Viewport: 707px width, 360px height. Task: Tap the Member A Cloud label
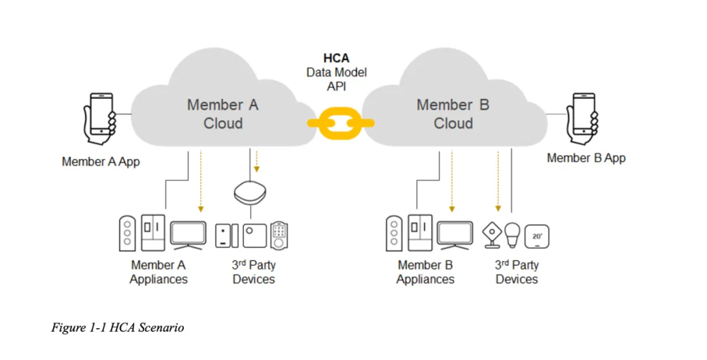[223, 114]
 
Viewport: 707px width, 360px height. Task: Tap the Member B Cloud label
[452, 114]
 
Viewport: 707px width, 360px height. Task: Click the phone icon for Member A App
[100, 115]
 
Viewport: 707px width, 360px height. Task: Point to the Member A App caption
[100, 161]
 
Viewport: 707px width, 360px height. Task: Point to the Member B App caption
[586, 158]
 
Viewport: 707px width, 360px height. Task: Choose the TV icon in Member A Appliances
[188, 234]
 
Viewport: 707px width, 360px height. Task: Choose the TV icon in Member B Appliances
[454, 234]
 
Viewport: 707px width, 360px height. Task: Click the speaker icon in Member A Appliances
[127, 233]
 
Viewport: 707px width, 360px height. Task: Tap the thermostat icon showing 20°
[537, 236]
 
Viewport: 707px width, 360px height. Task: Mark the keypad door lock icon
[280, 235]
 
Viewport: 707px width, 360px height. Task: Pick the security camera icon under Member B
[490, 235]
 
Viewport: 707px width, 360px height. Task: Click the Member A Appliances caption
[158, 272]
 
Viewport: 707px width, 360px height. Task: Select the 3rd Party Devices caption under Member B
[517, 272]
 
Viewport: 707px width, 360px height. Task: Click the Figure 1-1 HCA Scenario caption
[118, 327]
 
